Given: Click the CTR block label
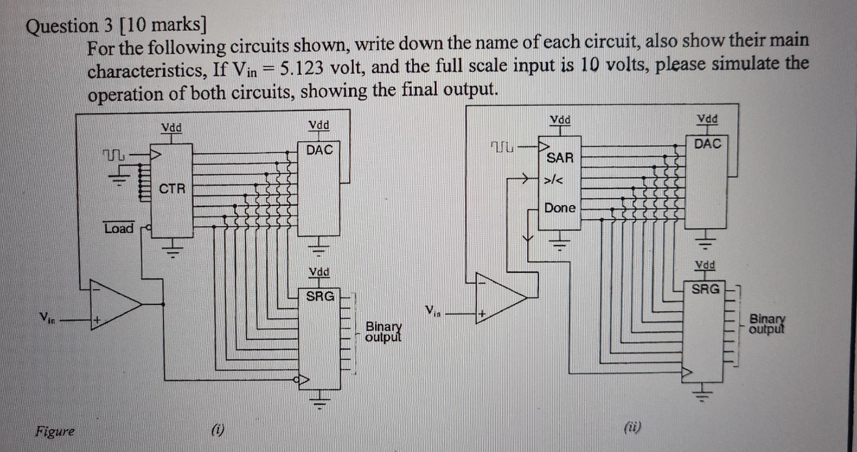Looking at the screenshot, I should point(172,188).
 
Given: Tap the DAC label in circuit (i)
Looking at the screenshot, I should point(320,150).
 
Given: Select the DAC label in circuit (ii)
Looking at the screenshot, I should point(708,144).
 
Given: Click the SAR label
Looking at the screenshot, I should point(560,158).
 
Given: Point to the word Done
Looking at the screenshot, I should point(560,208).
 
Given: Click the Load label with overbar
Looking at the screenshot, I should point(119,228).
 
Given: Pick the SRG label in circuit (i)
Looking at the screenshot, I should point(320,296).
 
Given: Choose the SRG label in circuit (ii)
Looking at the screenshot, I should point(706,289).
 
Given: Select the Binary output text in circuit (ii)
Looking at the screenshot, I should point(766,324).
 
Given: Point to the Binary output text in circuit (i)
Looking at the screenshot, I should point(383,331).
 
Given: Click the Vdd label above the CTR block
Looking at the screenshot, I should point(171,128).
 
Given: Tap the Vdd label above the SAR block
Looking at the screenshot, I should point(560,120).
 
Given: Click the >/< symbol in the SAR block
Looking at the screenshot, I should point(553,181).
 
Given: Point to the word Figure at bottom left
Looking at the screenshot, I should point(55,431).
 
